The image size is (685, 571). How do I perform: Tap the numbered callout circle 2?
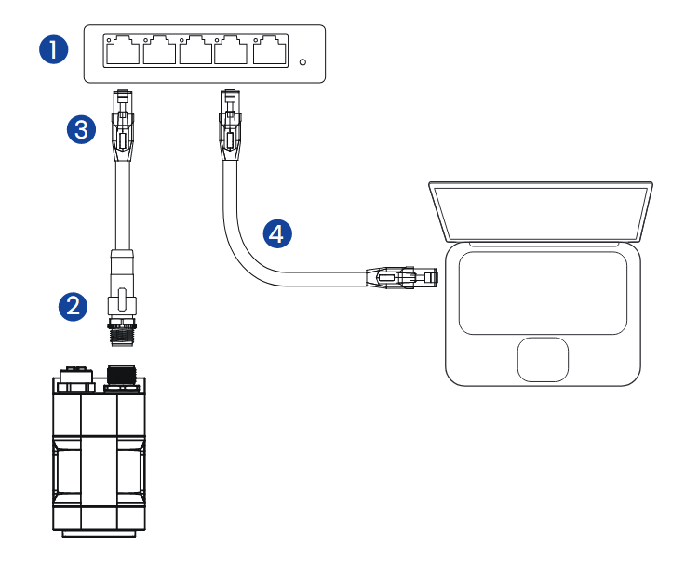[74, 304]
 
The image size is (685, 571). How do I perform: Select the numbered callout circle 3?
[83, 129]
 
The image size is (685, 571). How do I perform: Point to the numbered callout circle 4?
[275, 233]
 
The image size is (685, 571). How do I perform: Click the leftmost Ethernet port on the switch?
[123, 50]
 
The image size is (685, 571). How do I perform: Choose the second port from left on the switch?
[159, 50]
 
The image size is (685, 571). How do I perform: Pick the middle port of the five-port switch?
[195, 50]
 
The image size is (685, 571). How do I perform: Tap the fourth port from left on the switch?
[232, 50]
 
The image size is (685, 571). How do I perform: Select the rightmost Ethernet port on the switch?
[269, 50]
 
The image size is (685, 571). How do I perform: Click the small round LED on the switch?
[303, 63]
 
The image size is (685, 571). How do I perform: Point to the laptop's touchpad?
[543, 359]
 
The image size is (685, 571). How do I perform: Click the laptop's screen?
[540, 211]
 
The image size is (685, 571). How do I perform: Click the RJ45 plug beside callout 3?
[122, 125]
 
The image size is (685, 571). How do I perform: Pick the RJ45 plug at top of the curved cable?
[228, 125]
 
